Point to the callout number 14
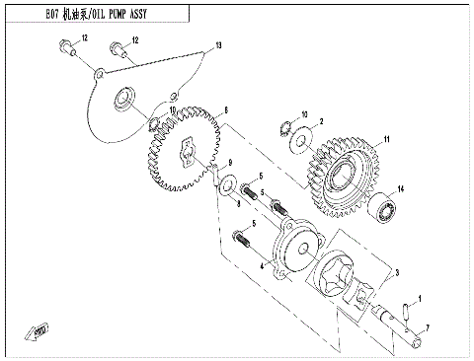click(x=402, y=188)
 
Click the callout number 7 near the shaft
click(x=427, y=326)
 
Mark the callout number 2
click(x=321, y=121)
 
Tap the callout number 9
click(x=229, y=163)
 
